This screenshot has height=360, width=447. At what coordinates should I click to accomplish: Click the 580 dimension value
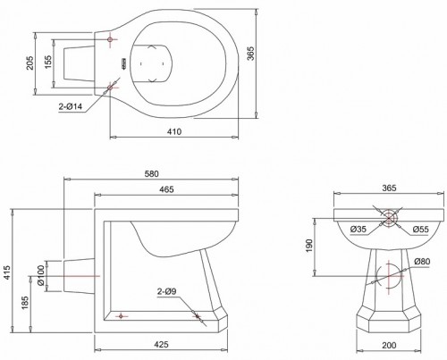point(152,173)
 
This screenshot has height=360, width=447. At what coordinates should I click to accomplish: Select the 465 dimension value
point(166,189)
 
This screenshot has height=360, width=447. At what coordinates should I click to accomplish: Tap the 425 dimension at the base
point(161,344)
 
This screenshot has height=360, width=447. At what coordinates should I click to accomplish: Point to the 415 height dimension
point(6,272)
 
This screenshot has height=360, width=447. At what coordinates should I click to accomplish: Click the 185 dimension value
point(25,302)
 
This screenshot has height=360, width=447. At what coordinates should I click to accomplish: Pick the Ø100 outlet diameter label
point(40,275)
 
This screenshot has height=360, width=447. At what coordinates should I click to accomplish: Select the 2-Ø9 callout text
point(167,291)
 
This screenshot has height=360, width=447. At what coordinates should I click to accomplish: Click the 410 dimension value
point(174,131)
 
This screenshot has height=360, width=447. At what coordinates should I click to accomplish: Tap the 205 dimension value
point(30,63)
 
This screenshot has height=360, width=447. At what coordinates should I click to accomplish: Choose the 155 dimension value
point(48,62)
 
